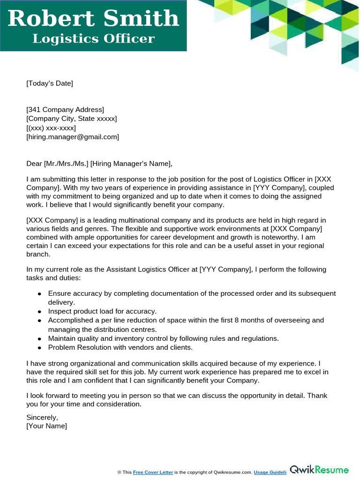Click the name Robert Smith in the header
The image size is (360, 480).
point(93,19)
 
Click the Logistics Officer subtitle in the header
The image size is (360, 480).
point(93,38)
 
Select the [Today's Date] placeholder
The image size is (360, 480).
point(50,83)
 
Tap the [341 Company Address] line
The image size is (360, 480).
point(65,110)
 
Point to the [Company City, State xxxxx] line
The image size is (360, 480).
point(72,119)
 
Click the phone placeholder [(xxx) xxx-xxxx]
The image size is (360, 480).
point(51,128)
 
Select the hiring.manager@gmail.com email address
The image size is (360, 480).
point(73,137)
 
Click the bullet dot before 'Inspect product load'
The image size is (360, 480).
point(39,312)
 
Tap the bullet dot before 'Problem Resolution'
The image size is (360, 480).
point(39,348)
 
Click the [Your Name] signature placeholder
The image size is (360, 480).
point(46,426)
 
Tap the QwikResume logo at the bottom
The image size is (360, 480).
point(320,470)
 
